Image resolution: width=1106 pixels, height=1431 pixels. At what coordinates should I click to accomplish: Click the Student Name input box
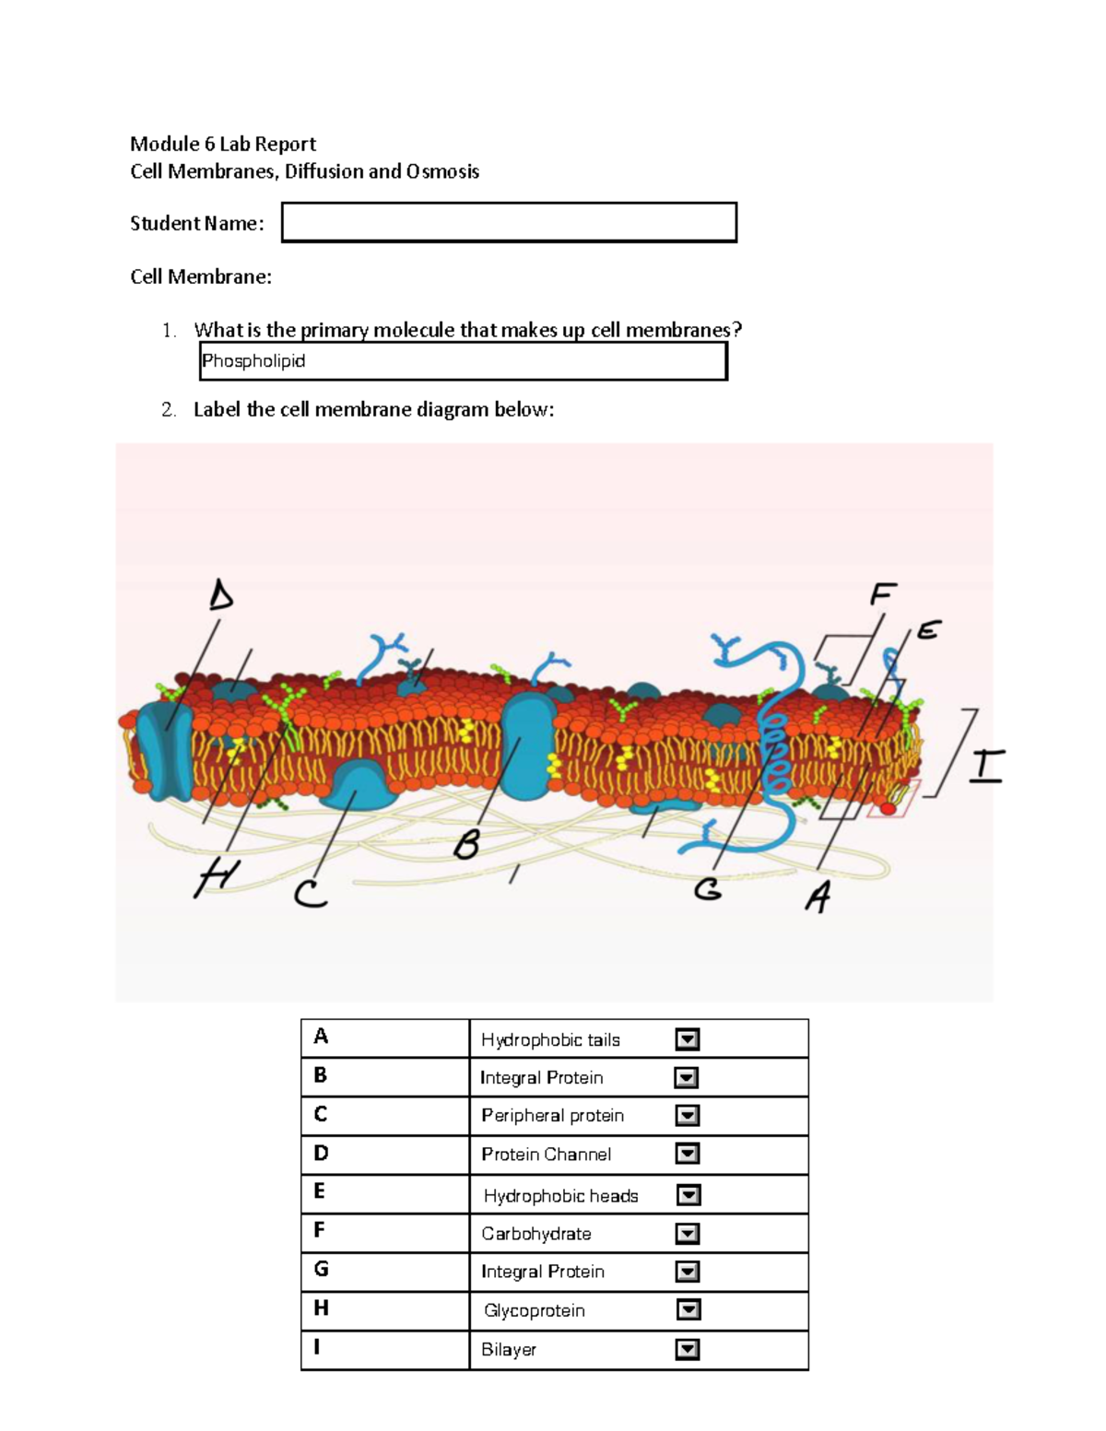[509, 222]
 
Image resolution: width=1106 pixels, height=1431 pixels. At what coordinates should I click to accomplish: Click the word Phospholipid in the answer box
[253, 361]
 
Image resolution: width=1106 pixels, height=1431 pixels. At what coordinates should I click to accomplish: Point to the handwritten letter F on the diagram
[882, 594]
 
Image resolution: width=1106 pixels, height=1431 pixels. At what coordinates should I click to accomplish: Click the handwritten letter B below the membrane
[467, 844]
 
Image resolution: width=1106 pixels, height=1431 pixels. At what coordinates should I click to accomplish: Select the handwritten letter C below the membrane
[311, 893]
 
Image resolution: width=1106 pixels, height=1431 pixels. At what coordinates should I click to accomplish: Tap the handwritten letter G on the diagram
[708, 889]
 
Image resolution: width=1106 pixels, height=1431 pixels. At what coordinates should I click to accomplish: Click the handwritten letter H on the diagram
[216, 877]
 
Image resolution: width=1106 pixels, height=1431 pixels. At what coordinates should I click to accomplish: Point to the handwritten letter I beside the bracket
[986, 766]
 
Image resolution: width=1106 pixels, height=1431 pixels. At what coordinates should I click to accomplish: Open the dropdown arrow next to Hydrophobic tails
[687, 1039]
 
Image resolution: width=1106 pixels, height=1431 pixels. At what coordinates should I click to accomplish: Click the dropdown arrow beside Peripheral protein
[687, 1116]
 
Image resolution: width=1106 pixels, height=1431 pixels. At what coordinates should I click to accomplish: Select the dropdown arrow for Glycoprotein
[688, 1309]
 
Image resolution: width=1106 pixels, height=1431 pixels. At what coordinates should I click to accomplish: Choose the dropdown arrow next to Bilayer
[687, 1349]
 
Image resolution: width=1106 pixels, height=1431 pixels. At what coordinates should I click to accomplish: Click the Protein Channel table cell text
[546, 1155]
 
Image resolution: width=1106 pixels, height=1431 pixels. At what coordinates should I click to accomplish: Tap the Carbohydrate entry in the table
[535, 1234]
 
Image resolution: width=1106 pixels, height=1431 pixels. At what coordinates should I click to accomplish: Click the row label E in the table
[319, 1191]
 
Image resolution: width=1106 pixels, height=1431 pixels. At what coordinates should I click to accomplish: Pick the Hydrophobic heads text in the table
[560, 1196]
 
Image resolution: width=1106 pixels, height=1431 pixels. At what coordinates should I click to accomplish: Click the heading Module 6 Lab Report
[222, 144]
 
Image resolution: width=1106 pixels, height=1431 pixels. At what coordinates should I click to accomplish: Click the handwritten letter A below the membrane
[818, 896]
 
